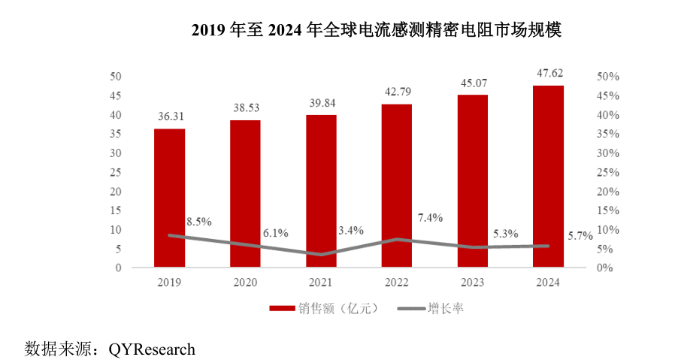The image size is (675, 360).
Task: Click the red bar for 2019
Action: [169, 198]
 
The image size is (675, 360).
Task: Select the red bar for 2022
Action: [396, 186]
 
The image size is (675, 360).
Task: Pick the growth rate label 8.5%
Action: [198, 222]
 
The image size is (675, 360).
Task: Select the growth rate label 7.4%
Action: [429, 218]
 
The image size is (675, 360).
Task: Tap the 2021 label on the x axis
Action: [321, 283]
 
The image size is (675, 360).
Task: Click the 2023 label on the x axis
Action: [473, 283]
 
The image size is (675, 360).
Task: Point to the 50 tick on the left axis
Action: [116, 77]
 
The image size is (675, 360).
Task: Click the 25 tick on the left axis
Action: [116, 172]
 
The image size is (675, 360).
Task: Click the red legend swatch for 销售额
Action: [282, 308]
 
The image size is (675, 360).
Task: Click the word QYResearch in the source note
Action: [152, 349]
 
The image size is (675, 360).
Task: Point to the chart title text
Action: [377, 29]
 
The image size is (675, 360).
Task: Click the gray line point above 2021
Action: [321, 255]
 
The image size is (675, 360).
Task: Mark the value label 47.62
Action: [549, 73]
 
